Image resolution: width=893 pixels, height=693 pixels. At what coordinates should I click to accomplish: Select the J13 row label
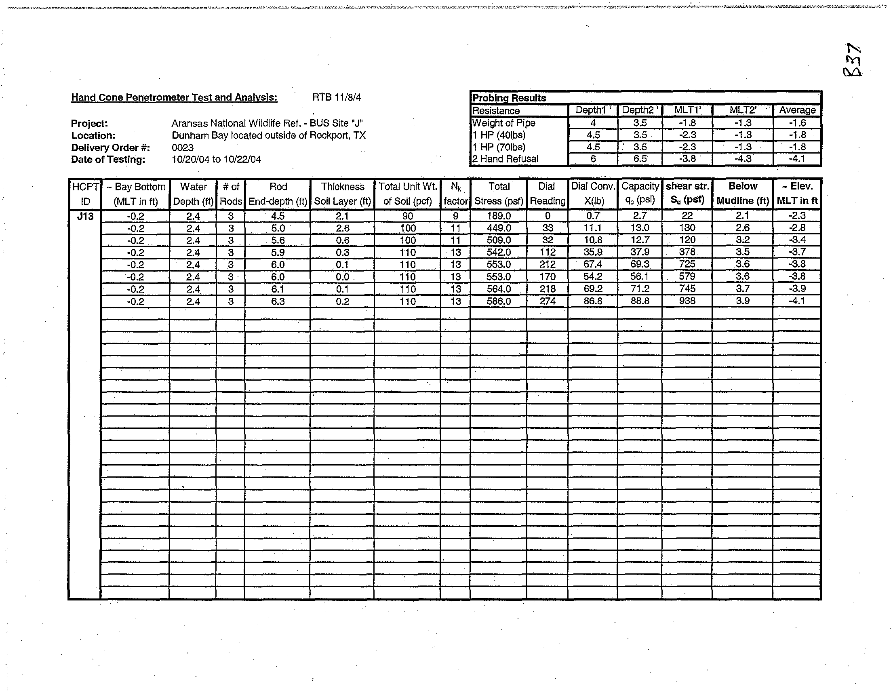[x=85, y=216]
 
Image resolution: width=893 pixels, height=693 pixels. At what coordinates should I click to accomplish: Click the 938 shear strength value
[x=687, y=301]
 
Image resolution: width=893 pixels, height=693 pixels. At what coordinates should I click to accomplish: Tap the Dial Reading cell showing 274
[x=548, y=301]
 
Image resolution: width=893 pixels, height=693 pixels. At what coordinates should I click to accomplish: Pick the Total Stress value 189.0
[x=499, y=216]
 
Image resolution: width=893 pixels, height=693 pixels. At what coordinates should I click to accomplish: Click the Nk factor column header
[x=455, y=194]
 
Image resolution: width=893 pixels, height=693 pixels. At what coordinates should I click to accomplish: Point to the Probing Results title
[x=509, y=98]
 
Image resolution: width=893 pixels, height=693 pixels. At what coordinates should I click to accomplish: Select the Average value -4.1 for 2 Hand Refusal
[x=797, y=159]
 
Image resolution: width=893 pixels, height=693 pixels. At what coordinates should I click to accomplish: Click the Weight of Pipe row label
[x=503, y=123]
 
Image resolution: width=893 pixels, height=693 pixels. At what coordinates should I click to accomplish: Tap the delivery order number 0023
[x=182, y=147]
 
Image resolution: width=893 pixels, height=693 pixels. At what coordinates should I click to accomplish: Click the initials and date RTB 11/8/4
[x=337, y=97]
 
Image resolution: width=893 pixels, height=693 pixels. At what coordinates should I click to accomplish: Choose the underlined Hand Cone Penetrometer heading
[x=174, y=97]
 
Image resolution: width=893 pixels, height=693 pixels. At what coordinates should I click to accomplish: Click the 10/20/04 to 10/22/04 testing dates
[x=216, y=160]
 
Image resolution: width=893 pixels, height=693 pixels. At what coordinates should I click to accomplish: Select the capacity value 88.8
[x=640, y=301]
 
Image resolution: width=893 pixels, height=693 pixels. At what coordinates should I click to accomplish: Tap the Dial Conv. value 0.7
[x=593, y=216]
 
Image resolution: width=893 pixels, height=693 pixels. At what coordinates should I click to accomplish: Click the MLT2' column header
[x=743, y=110]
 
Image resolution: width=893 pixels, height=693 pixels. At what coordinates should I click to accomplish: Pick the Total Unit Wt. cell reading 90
[x=407, y=216]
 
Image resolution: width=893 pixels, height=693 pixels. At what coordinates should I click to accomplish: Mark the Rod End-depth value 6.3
[x=278, y=301]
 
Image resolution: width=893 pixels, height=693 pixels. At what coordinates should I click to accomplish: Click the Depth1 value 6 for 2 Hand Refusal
[x=593, y=159]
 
